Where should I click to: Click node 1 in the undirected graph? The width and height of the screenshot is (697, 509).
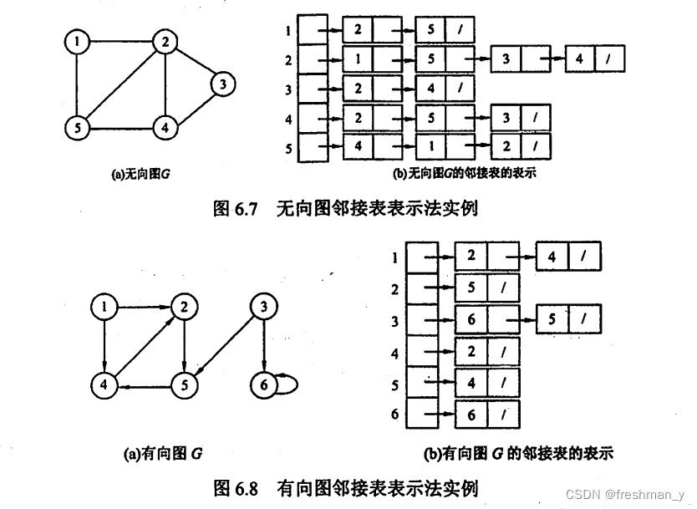78,41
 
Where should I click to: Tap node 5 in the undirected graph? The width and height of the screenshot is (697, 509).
78,128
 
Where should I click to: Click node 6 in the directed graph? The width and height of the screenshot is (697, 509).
263,384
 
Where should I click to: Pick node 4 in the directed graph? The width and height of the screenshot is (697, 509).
104,384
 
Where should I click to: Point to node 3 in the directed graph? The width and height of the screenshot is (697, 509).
263,308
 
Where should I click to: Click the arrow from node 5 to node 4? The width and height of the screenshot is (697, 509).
142,385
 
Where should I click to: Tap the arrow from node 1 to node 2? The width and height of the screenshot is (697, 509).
142,308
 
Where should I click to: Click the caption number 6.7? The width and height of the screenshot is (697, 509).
245,209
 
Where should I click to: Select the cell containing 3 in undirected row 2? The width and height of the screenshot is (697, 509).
506,59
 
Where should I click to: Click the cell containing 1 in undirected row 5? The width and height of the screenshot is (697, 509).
431,147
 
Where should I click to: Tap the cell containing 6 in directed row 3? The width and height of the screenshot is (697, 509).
471,319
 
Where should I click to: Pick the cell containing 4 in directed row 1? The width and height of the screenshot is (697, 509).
552,257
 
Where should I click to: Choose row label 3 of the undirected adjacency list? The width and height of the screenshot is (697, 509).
288,89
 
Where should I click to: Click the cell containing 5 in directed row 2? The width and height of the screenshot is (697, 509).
471,288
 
